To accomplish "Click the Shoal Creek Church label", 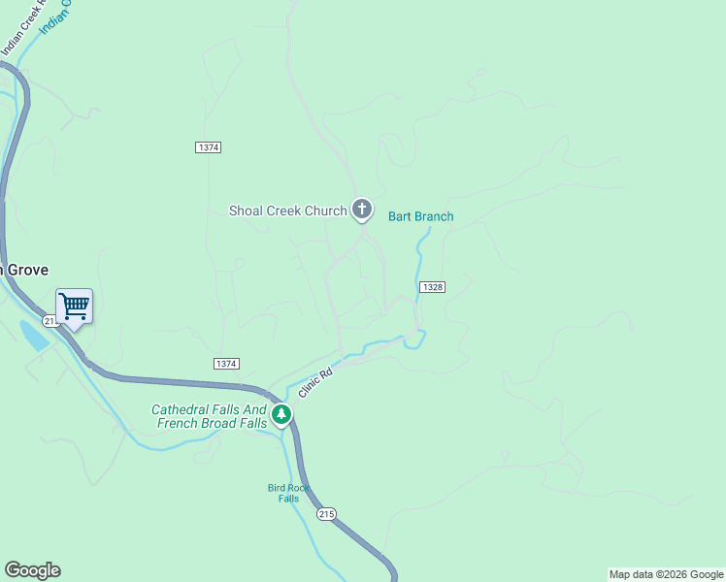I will click(287, 210).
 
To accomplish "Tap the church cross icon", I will click(362, 209).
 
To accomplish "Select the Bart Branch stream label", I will click(420, 216).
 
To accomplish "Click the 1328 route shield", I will click(433, 287).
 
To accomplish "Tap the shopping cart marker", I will click(74, 307).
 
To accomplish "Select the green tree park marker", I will click(281, 415).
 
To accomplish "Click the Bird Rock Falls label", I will click(288, 493).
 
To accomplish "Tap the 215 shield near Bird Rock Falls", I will click(327, 513).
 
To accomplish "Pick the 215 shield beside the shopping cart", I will click(49, 320).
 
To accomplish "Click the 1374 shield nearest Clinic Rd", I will click(225, 363).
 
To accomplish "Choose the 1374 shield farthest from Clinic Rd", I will click(208, 147).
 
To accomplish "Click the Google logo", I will click(32, 570).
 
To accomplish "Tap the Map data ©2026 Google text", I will click(665, 574).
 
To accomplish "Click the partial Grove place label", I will click(23, 270).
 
